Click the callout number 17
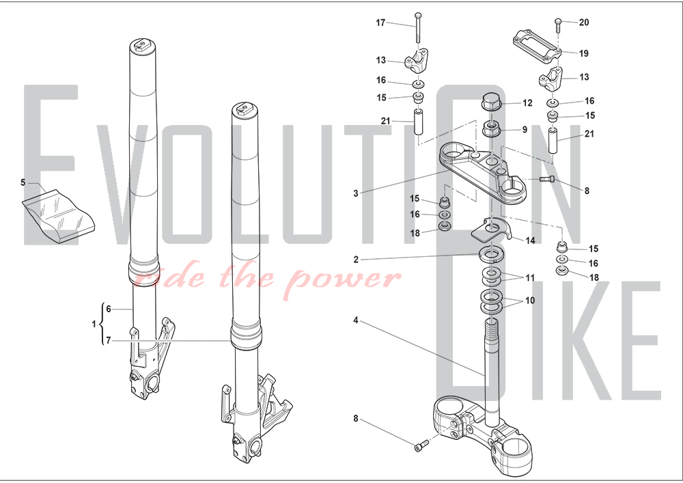[x=380, y=23]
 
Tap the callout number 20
[x=584, y=23]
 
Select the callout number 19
[x=584, y=53]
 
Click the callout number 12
[x=527, y=102]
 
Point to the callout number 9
[x=525, y=129]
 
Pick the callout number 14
[x=530, y=240]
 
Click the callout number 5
[x=23, y=182]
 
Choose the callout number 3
[x=356, y=193]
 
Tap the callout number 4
[x=356, y=320]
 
